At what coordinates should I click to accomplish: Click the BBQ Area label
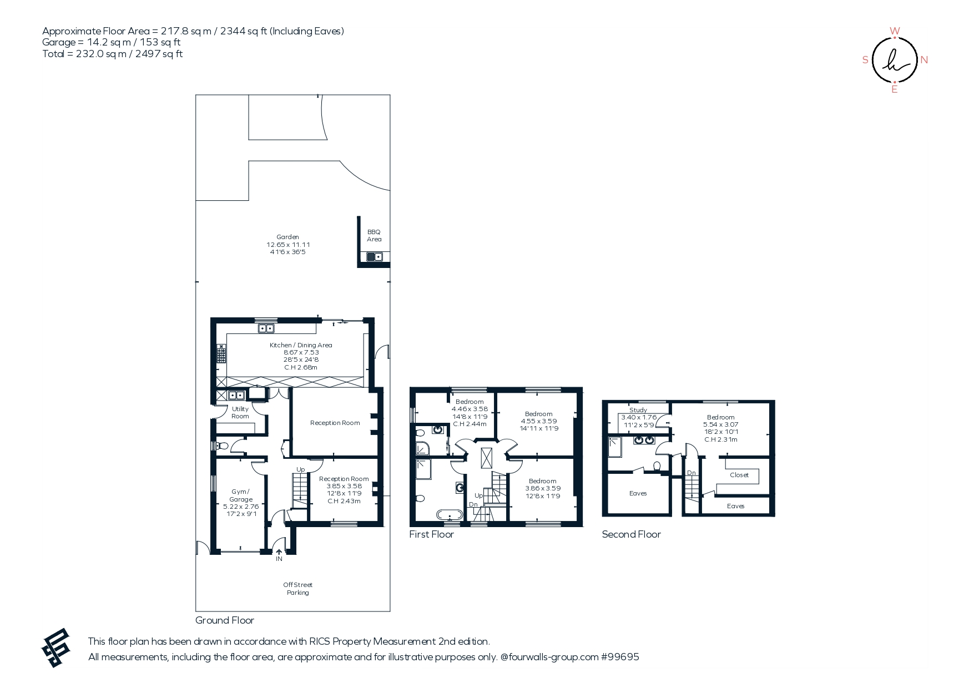click(x=374, y=236)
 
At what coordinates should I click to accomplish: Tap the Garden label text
click(x=287, y=237)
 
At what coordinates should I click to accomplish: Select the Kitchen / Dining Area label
click(x=301, y=345)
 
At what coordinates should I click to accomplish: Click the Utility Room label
click(x=240, y=413)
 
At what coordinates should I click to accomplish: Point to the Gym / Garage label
click(x=241, y=495)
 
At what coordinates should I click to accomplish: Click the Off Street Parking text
click(x=298, y=589)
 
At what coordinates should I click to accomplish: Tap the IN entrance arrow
click(x=279, y=552)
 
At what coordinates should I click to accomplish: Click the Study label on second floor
click(x=638, y=410)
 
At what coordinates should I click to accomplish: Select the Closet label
click(x=739, y=475)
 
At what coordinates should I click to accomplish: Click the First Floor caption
click(x=431, y=534)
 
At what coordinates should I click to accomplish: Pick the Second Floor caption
click(x=631, y=534)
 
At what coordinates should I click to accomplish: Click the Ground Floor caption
click(x=225, y=620)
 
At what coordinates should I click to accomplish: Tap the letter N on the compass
click(x=924, y=60)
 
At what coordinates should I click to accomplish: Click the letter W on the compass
click(x=895, y=31)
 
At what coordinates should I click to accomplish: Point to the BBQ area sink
click(x=374, y=256)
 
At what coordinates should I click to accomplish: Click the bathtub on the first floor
click(x=449, y=514)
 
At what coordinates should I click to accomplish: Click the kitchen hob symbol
click(x=221, y=353)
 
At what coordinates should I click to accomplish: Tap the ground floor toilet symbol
click(x=222, y=446)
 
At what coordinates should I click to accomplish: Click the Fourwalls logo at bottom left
click(x=56, y=647)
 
